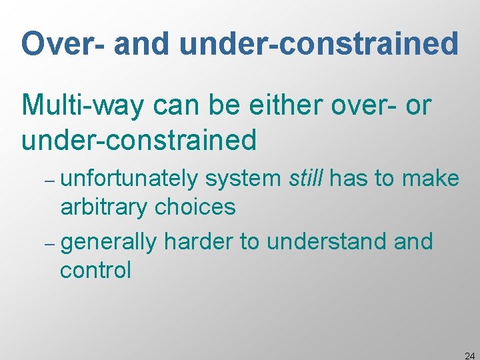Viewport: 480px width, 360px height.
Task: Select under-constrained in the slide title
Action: click(319, 44)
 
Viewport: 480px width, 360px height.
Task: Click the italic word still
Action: click(307, 179)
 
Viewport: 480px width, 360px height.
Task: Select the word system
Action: click(243, 179)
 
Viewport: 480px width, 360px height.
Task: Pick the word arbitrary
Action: click(103, 207)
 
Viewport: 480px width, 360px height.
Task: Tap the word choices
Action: click(195, 207)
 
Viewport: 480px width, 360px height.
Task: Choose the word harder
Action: click(198, 241)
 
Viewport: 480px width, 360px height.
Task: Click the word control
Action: click(96, 270)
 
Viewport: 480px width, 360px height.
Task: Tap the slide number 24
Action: click(469, 353)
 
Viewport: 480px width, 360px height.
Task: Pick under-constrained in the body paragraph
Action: click(139, 140)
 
